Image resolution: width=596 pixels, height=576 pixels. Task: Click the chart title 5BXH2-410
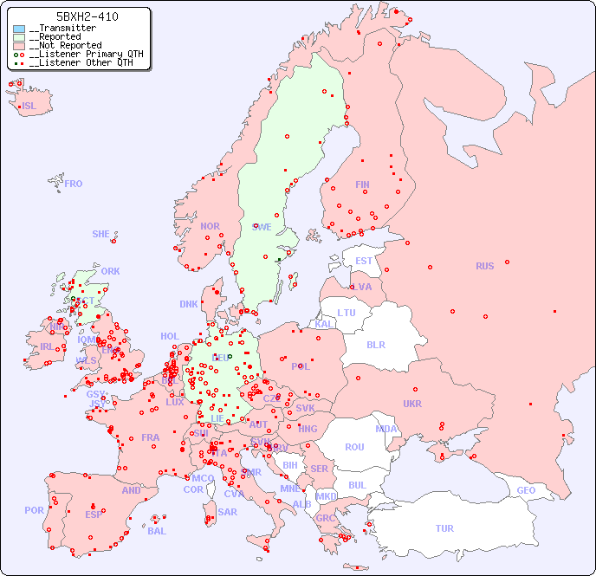pos(87,16)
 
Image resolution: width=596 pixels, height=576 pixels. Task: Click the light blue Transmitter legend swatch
pos(19,29)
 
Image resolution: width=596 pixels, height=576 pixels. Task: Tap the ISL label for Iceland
pos(29,107)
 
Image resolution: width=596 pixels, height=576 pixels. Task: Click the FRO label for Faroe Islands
pos(74,184)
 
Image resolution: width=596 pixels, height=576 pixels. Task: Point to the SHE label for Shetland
pos(101,234)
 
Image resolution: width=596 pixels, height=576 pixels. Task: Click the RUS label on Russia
pos(484,266)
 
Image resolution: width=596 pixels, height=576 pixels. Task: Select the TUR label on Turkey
pos(444,528)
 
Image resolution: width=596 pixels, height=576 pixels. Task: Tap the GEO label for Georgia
pos(526,490)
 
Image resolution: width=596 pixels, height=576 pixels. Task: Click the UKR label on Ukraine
pos(412,404)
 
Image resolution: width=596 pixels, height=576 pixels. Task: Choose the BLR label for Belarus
pos(375,344)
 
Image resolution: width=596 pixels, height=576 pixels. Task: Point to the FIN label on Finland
pos(362,184)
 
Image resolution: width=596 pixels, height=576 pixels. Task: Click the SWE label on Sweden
pos(262,227)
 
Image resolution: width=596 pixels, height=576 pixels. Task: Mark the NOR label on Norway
pos(210,226)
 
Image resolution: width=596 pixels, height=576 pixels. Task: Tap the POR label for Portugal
pos(34,510)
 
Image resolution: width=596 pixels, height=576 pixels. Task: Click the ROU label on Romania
pos(354,447)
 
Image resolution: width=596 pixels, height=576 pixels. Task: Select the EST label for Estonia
pos(364,261)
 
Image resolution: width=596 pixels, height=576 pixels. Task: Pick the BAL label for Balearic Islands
pos(157,531)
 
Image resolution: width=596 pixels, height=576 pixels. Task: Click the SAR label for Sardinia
pos(228,512)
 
